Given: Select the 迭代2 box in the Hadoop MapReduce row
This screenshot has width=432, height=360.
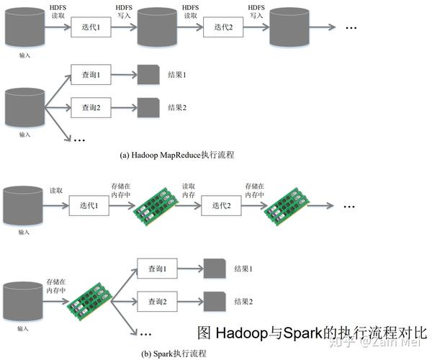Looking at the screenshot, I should (225, 28).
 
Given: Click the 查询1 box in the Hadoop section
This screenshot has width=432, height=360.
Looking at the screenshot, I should (90, 75).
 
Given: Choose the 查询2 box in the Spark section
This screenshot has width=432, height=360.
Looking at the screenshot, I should (157, 300).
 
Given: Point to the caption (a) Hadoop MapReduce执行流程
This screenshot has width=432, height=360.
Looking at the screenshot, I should (177, 155).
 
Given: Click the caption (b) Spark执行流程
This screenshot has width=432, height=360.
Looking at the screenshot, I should (174, 353).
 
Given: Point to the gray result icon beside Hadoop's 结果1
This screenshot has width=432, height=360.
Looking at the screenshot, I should (149, 75).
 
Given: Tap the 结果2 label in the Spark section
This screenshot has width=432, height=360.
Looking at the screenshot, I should (244, 300).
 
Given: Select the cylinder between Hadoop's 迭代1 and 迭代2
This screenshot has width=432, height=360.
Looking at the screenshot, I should (158, 29).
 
